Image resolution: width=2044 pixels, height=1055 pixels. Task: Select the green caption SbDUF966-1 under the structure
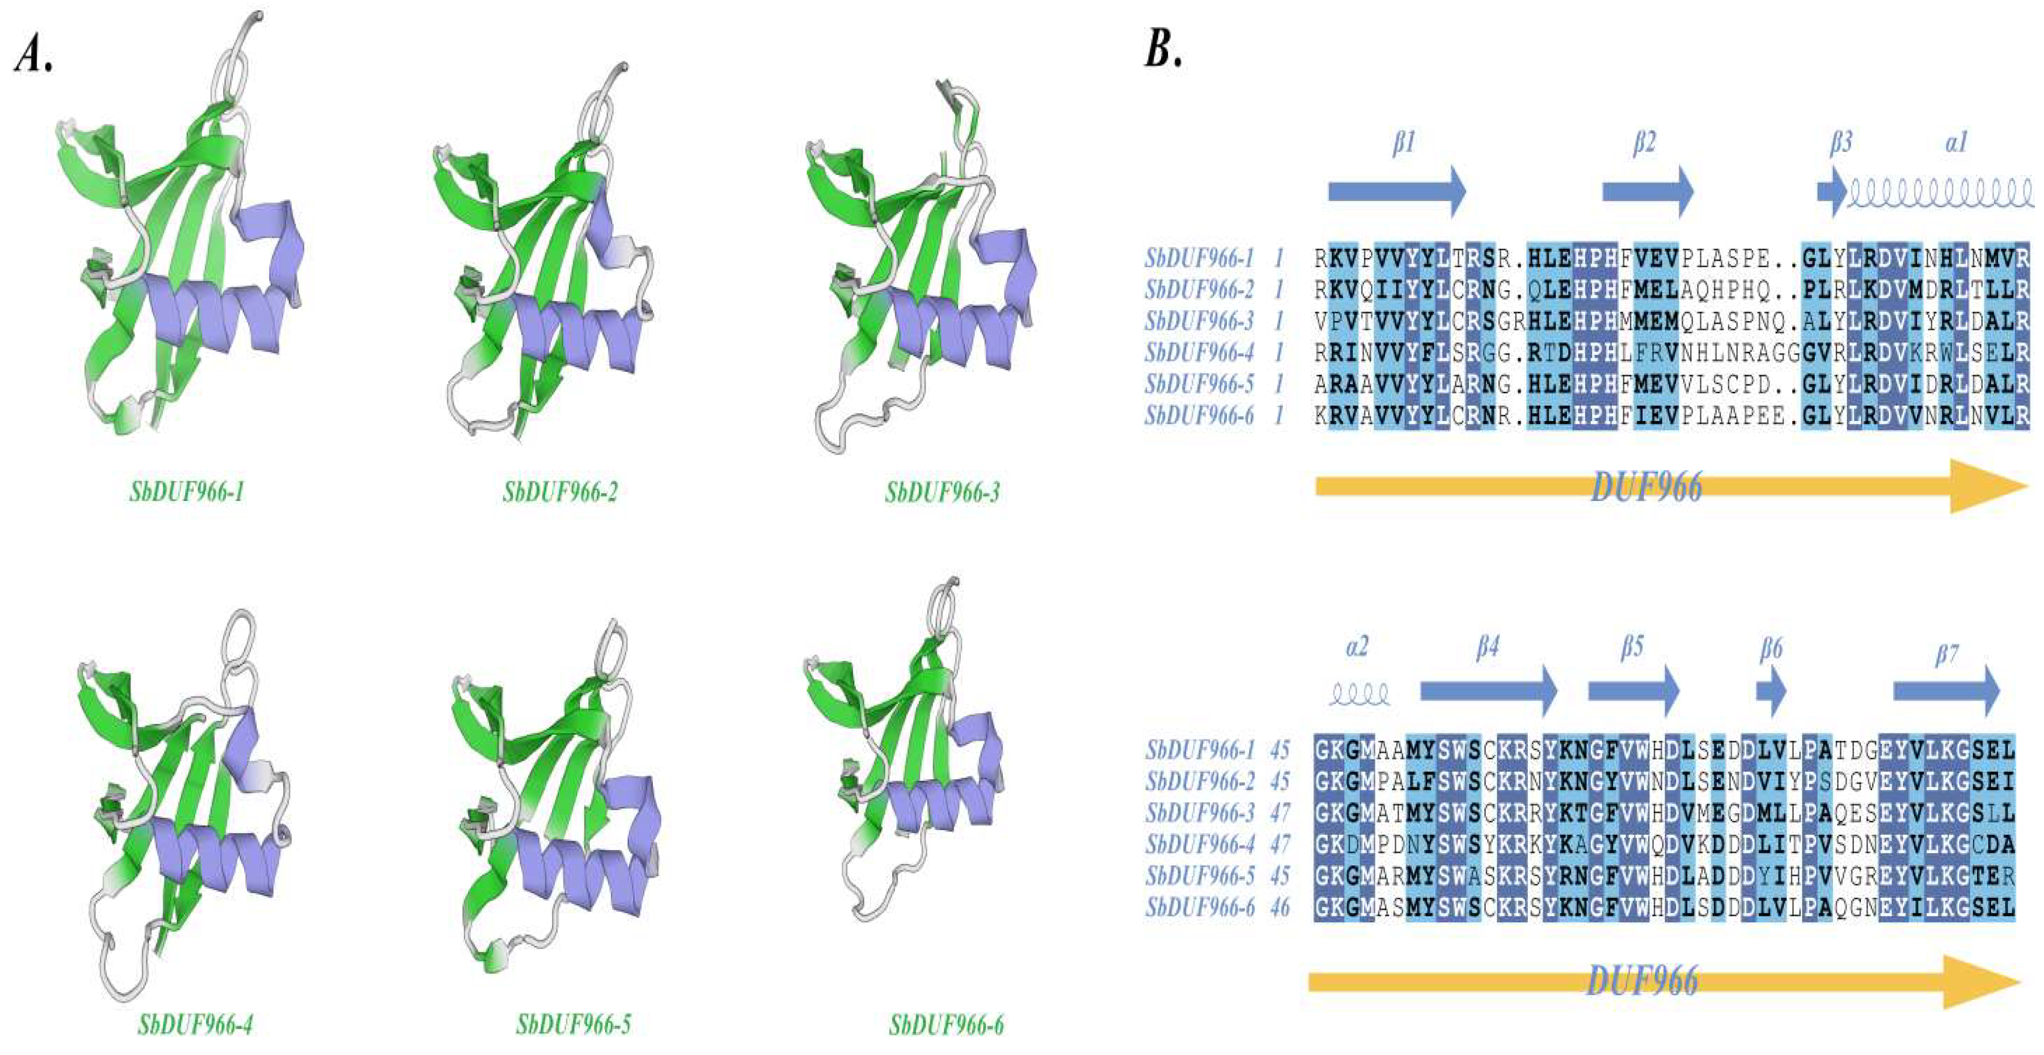point(187,492)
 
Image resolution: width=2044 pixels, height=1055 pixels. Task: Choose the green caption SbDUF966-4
point(195,1025)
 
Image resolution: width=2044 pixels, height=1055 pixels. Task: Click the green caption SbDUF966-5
point(574,1025)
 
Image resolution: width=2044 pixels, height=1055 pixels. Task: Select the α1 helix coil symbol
point(1940,192)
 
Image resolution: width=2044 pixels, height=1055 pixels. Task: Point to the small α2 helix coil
point(1359,695)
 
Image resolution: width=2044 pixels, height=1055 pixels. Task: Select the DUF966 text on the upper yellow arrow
point(1647,486)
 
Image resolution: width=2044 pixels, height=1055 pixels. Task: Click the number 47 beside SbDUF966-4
point(1280,844)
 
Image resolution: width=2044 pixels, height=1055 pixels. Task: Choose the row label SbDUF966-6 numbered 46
point(1200,907)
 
